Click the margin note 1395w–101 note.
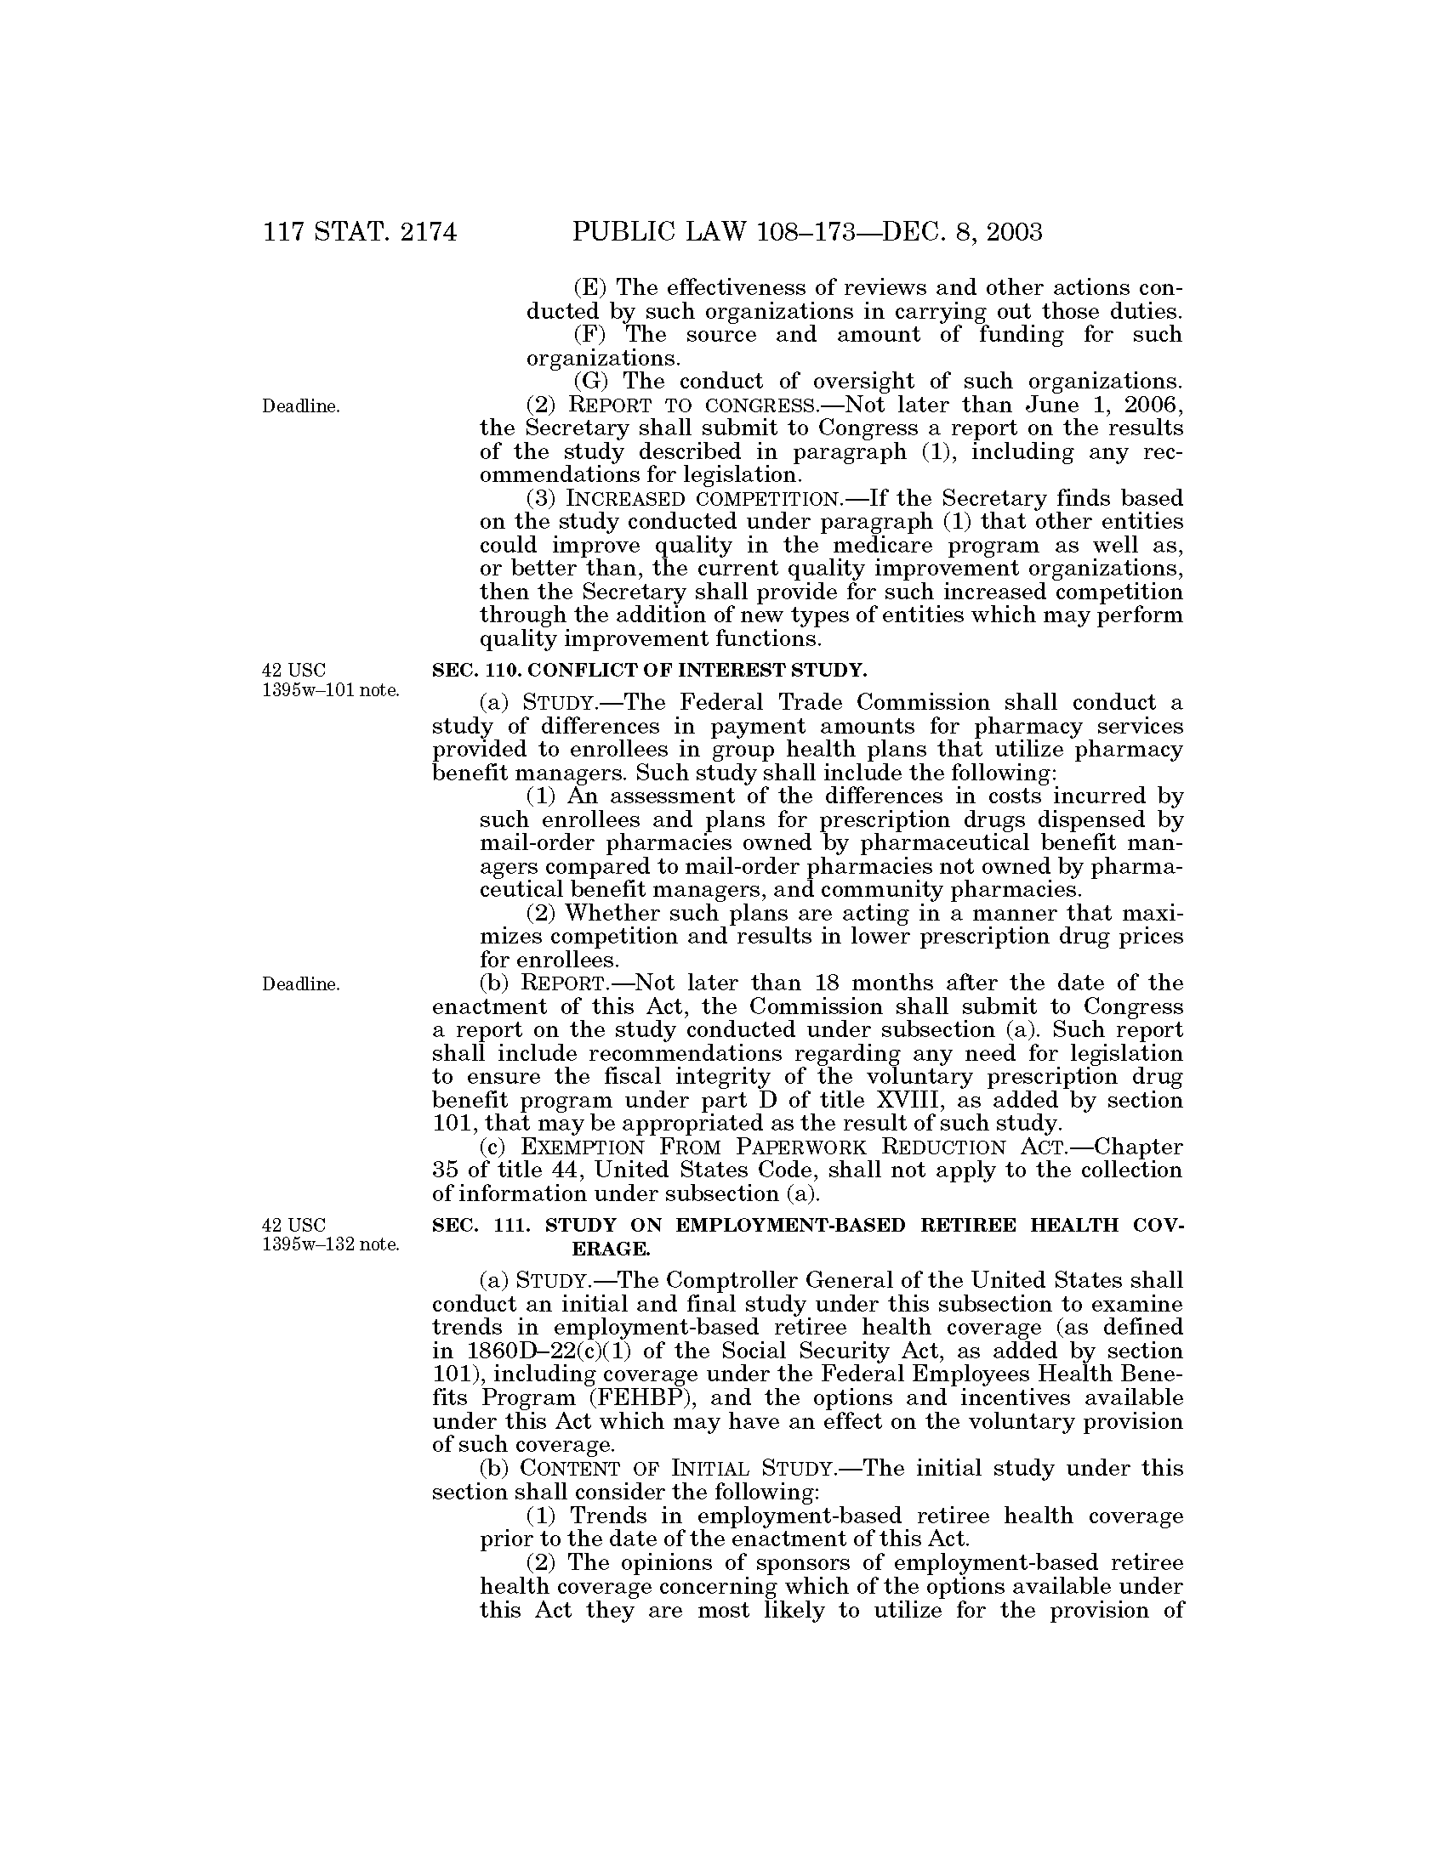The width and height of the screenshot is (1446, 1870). [x=331, y=690]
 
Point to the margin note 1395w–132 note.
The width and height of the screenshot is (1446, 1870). [x=331, y=1245]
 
